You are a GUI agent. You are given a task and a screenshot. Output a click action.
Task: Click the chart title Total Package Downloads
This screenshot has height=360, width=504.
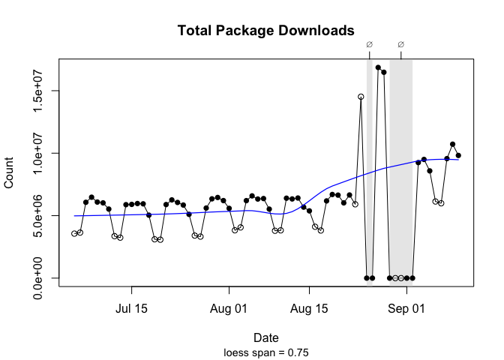265,31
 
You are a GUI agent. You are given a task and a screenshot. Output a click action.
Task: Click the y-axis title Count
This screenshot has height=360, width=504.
10,173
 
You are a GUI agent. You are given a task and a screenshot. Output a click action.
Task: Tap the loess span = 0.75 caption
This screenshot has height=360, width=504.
267,351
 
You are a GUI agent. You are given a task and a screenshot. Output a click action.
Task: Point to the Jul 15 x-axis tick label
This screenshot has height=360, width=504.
131,307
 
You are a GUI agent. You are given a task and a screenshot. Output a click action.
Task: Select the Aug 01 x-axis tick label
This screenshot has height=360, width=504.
229,307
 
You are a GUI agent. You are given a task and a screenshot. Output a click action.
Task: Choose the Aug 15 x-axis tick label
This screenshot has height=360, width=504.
309,307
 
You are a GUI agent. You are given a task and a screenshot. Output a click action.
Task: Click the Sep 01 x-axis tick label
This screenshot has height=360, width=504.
407,307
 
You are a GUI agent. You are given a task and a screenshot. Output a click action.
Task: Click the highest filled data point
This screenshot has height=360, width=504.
378,67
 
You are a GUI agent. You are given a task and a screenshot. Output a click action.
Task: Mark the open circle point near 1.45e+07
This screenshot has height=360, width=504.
361,97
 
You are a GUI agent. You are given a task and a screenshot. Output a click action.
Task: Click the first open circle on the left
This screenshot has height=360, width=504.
74,234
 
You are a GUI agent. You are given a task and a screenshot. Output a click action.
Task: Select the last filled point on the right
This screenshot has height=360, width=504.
458,155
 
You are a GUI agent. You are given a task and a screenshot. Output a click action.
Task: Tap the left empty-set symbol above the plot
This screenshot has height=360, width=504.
369,44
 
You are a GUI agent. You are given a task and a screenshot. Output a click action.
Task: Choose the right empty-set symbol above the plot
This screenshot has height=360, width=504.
401,44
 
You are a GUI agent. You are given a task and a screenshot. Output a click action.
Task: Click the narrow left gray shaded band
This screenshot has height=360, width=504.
370,172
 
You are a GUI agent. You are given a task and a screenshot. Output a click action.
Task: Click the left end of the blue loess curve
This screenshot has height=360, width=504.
75,216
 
